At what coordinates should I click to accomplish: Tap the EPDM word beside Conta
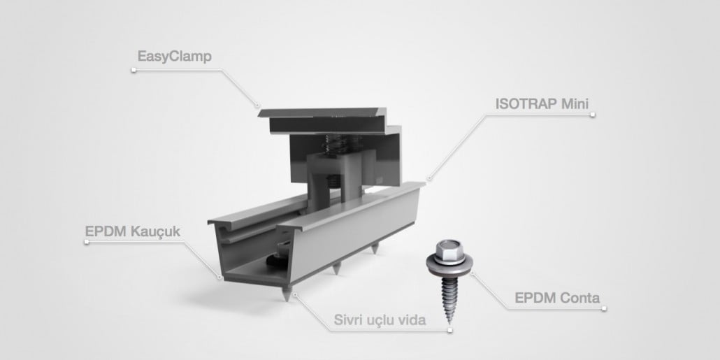535,298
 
